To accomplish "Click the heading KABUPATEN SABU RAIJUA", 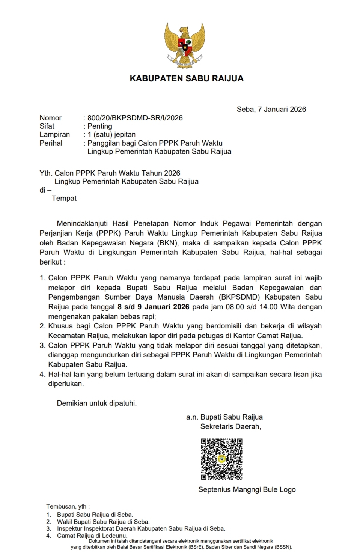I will [187, 78].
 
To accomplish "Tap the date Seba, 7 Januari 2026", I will [271, 109].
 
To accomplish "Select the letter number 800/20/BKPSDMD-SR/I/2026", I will [135, 118].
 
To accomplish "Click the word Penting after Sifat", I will [100, 126].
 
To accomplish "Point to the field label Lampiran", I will [55, 134].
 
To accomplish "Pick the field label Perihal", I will [51, 143].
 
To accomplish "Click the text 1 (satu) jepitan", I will [111, 134].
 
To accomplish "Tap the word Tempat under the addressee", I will [64, 198].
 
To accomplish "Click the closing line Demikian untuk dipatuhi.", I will [97, 403].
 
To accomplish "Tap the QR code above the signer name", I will [221, 459].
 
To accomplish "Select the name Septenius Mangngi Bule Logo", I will [247, 489].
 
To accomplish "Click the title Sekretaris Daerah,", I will [230, 426].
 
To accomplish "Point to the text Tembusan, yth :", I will [68, 506].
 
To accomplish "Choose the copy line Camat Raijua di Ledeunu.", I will [92, 536].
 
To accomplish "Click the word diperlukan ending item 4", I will [66, 384].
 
